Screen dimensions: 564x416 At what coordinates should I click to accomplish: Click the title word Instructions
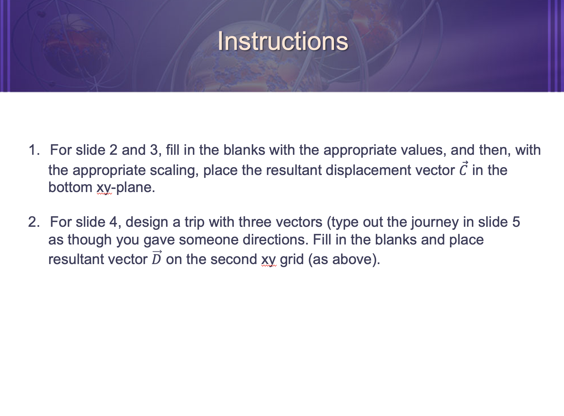click(283, 41)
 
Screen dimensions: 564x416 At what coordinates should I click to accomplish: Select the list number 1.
click(34, 150)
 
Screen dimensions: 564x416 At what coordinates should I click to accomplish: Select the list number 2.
click(34, 222)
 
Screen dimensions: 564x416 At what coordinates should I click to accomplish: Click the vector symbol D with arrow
click(157, 258)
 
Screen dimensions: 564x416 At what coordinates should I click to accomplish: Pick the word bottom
click(70, 187)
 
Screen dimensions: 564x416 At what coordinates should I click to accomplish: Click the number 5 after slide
click(516, 222)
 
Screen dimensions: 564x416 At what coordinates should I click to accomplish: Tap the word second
click(234, 259)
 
